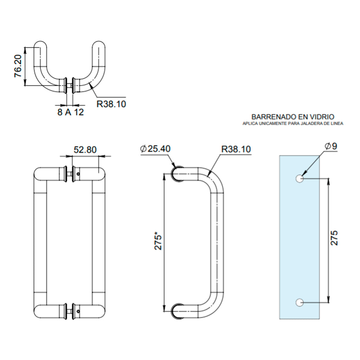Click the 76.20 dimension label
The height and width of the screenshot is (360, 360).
18,66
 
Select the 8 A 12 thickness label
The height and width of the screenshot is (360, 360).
71,112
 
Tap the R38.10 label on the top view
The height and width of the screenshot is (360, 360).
111,104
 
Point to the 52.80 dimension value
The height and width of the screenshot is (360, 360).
85,150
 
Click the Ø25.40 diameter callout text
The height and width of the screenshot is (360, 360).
155,149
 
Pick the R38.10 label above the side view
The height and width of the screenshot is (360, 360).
236,149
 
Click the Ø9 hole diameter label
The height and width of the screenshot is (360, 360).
331,146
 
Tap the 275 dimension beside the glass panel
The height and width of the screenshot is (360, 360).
334,238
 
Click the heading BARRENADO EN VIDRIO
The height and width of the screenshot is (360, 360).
293,117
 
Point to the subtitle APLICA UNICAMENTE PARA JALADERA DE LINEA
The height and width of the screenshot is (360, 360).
293,123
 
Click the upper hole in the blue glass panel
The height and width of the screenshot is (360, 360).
300,178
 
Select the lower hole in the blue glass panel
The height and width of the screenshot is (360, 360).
300,302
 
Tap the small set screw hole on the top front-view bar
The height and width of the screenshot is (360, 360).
78,174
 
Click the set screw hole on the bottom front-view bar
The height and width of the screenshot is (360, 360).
78,311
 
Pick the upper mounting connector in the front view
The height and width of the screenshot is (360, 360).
70,174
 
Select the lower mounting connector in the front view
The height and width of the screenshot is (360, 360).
70,311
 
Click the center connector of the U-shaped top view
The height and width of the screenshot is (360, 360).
70,85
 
